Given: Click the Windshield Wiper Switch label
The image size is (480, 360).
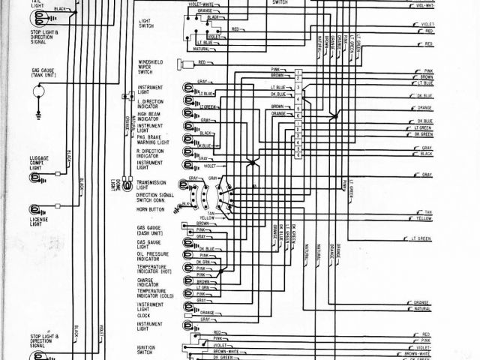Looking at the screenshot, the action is [150, 67].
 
